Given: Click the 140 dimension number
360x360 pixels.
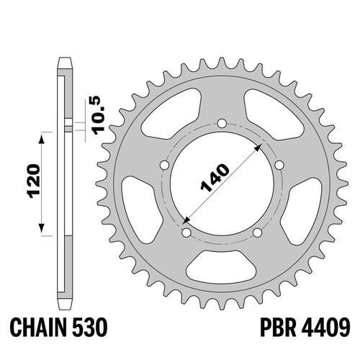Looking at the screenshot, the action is pos(215,178).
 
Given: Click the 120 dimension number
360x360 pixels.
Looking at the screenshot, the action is pos(34,181).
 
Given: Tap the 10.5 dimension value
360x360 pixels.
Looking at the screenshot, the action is pos(99,115).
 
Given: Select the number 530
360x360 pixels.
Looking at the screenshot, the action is pos(90,327).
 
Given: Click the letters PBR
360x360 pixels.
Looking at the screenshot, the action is pos(278,327).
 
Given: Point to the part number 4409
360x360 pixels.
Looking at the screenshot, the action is pos(325,327).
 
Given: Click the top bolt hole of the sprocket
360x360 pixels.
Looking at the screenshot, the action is pos(222,124).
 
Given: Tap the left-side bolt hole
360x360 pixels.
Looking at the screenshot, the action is pos(165,165).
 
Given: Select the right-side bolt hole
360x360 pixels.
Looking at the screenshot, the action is pos(279,165).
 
